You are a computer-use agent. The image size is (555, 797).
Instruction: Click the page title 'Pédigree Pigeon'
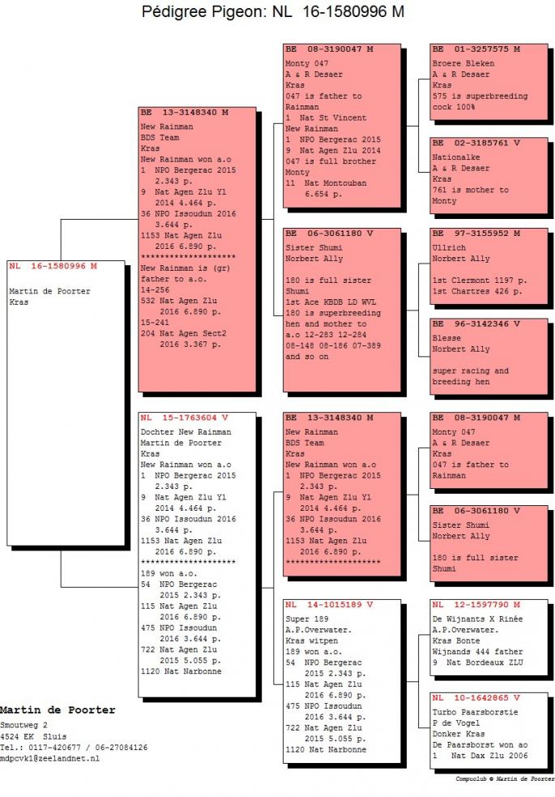203,11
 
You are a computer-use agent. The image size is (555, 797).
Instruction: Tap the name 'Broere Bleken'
463,63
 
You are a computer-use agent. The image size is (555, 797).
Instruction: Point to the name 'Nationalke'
456,157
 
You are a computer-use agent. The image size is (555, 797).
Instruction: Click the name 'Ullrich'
449,247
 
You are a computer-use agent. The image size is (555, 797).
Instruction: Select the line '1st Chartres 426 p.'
476,291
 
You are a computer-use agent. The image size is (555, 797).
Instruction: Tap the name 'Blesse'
447,338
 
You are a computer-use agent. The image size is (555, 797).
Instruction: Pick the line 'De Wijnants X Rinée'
477,619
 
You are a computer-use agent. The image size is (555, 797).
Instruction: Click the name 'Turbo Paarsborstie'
476,712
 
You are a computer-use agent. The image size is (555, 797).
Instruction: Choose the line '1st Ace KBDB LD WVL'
331,302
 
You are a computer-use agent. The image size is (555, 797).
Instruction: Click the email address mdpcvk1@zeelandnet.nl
49,758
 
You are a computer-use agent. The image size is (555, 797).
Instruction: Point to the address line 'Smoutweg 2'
23,725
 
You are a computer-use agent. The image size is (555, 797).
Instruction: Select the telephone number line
74,748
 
